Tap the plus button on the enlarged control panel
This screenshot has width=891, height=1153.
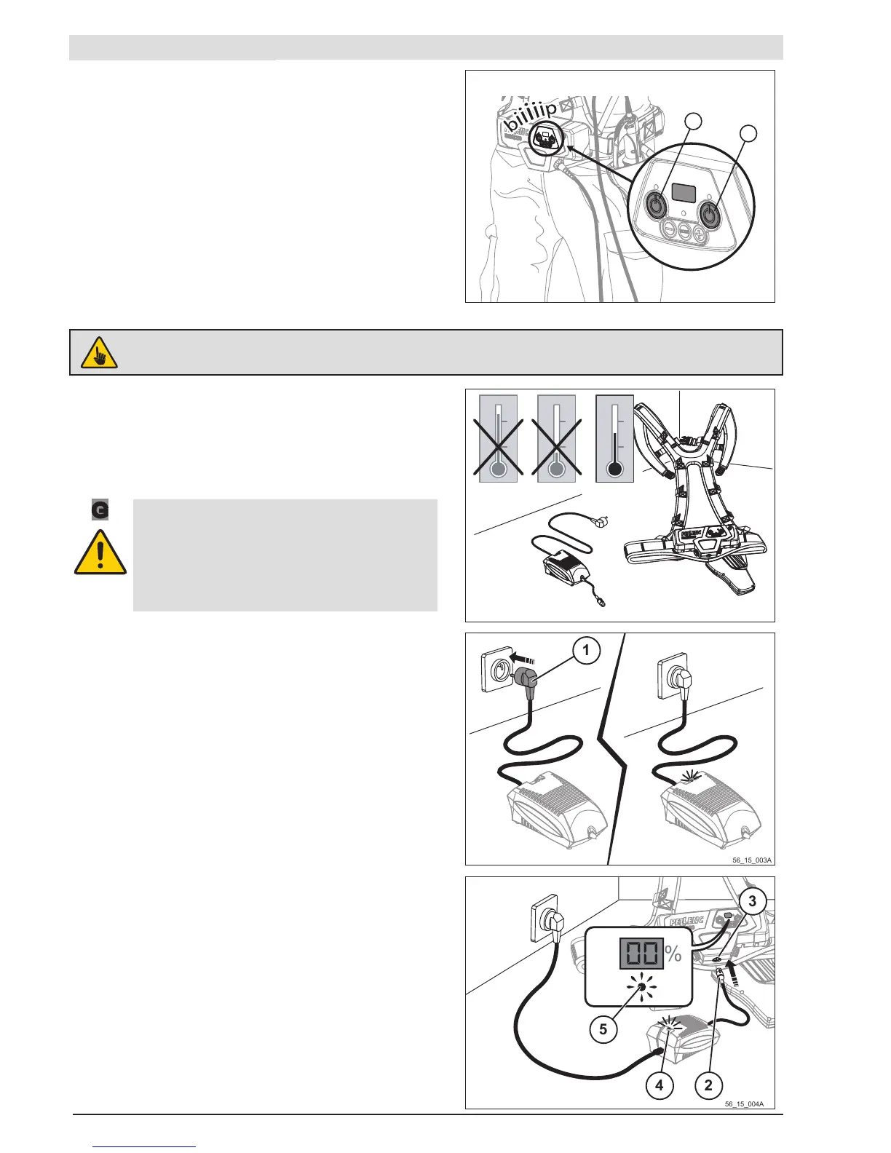[700, 233]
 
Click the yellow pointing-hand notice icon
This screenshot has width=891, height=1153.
[99, 353]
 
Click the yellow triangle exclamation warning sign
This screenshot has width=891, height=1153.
[100, 553]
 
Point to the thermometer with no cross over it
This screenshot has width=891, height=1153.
[614, 439]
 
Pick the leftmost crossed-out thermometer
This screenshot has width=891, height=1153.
[498, 439]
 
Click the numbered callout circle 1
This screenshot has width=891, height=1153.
[586, 650]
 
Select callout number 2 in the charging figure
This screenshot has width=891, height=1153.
[708, 1085]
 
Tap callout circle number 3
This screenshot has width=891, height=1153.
[752, 902]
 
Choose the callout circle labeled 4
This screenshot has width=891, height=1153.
[659, 1085]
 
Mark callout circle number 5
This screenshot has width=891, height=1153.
[603, 1029]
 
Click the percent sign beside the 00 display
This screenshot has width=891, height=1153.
[673, 954]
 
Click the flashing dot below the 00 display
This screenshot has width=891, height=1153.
[642, 988]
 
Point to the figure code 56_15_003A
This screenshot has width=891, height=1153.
[752, 860]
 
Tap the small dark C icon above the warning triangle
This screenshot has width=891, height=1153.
[100, 510]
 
